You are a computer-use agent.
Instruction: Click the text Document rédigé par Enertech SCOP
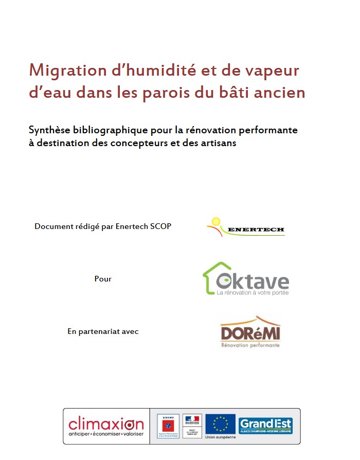point(103,226)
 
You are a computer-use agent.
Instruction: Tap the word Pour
point(103,279)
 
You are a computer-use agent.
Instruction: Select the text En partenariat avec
point(103,331)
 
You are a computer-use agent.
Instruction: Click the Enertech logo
point(245,227)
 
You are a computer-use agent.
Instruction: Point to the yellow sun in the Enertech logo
point(214,222)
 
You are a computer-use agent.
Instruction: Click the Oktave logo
point(245,279)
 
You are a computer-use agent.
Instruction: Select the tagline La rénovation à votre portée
point(253,293)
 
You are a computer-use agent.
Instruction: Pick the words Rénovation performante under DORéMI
point(250,345)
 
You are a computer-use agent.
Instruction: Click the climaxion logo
point(106,426)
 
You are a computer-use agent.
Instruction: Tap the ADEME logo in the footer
point(168,426)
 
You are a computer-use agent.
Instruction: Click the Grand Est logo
point(265,426)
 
